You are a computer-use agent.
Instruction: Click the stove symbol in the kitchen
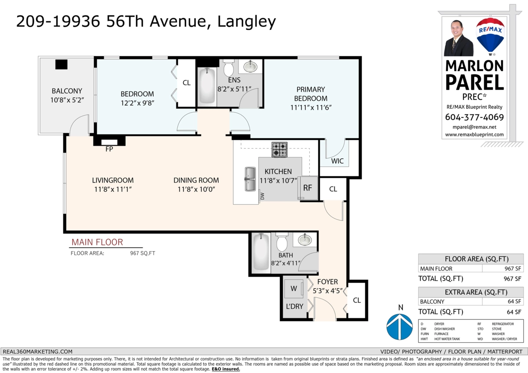tap(279, 150)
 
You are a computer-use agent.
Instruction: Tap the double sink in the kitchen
tap(250, 179)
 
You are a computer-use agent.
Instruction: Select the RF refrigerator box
tap(308, 188)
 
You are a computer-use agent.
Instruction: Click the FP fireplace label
tap(109, 149)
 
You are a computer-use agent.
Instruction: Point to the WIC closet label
tap(337, 161)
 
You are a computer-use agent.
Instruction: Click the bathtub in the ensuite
tap(207, 86)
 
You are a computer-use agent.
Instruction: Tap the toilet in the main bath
tap(282, 241)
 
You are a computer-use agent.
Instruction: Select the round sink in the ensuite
tap(250, 66)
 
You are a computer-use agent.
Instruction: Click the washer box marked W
tap(294, 289)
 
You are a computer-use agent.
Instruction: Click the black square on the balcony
tap(61, 64)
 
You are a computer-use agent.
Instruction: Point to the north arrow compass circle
tap(400, 326)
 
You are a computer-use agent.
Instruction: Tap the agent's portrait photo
tap(458, 38)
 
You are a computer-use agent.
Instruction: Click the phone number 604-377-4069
tap(474, 117)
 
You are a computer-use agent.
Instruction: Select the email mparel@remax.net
tap(474, 127)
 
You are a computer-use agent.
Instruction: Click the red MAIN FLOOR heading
tap(97, 242)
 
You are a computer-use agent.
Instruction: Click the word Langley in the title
tap(246, 22)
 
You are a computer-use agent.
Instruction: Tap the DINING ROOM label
tap(196, 180)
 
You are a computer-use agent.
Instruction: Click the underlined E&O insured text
tap(226, 369)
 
